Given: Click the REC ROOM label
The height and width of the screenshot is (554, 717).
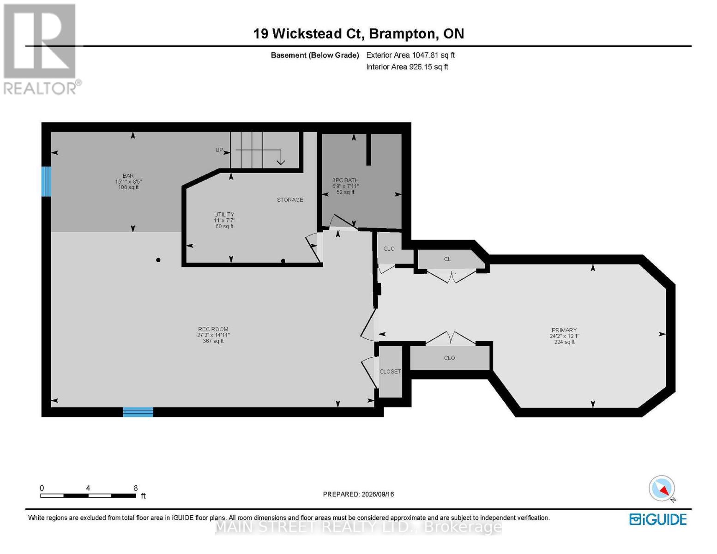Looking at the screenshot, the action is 213,329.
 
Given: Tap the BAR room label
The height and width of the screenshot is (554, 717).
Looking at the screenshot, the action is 128,176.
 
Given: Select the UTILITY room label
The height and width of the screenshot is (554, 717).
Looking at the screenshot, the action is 224,215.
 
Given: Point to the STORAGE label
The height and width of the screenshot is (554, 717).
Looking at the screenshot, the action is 289,199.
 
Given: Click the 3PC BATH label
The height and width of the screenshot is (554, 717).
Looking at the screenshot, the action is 345,180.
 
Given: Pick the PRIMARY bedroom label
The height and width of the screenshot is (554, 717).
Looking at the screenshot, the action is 564,330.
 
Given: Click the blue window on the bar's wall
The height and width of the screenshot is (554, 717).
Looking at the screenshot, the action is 46,181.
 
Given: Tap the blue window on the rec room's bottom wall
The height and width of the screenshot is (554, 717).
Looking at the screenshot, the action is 138,412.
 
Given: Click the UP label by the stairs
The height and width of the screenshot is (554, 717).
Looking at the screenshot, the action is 219,150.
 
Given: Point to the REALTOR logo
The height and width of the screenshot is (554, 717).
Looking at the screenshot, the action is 41,49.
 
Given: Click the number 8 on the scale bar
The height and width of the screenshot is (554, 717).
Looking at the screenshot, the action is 135,488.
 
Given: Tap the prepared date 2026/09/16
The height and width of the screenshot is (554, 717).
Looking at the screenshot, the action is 378,494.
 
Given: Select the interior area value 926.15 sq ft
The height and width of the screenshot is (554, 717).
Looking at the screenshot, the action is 428,66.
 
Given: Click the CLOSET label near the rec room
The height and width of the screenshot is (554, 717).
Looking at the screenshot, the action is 390,372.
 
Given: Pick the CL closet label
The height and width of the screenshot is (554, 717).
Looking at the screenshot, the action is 447,259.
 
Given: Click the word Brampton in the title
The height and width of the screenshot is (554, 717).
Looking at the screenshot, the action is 402,34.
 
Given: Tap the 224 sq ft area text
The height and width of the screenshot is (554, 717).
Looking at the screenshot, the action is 564,342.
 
